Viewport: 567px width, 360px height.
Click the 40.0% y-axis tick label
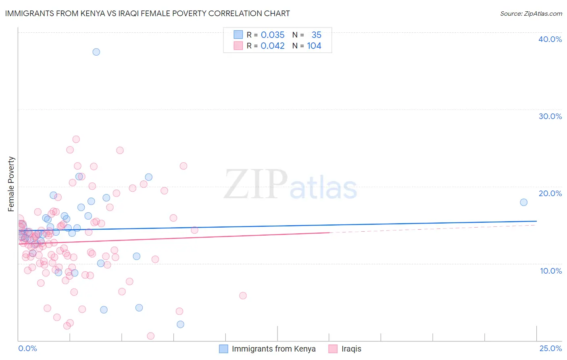(x=550, y=39)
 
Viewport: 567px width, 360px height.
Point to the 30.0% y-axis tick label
(x=550, y=116)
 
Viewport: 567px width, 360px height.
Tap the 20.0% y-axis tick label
(x=550, y=193)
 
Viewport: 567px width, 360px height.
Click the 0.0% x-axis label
(x=27, y=348)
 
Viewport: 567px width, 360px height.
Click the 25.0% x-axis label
(x=550, y=348)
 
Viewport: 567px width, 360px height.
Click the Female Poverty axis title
(x=11, y=184)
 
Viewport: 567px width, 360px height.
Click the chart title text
(x=147, y=13)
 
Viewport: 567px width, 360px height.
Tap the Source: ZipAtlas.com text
(x=531, y=13)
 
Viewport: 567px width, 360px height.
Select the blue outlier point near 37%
(x=96, y=52)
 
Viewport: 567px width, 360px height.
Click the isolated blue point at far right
(x=523, y=202)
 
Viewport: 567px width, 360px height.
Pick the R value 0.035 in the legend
(x=273, y=35)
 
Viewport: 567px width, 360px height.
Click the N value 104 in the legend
(x=314, y=46)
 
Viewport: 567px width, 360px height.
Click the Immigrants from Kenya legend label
(x=273, y=349)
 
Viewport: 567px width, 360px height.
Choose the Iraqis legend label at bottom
(x=351, y=349)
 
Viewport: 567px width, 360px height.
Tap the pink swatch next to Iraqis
(x=333, y=349)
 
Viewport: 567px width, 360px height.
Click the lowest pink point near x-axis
(x=151, y=336)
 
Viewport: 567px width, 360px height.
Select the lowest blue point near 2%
(x=180, y=324)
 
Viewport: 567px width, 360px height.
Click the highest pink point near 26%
(x=76, y=139)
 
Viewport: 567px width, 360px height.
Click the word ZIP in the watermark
(x=255, y=184)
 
